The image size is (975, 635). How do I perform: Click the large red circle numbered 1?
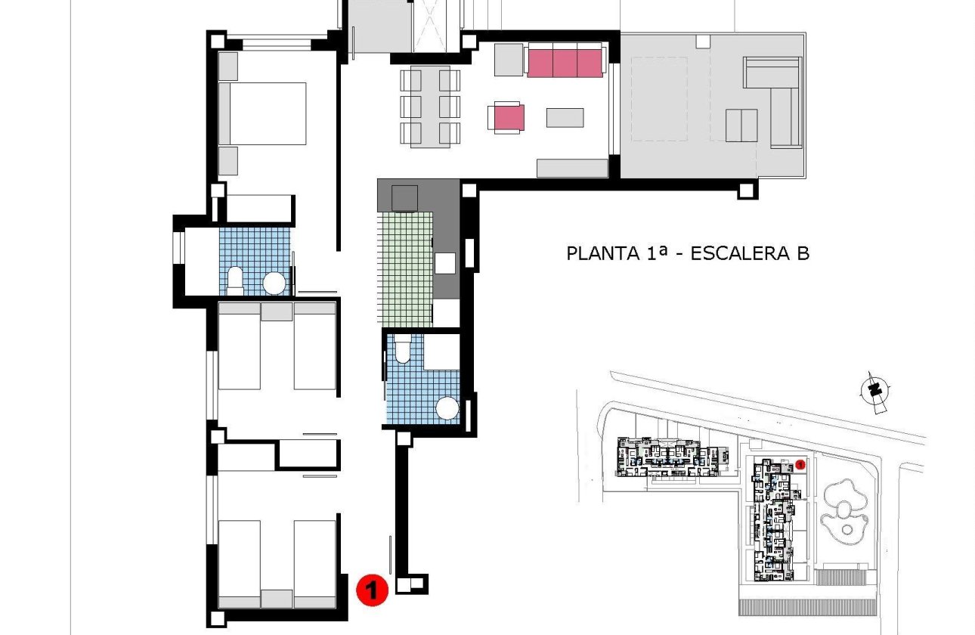tap(371, 589)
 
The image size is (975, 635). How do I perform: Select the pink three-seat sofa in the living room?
tap(565, 60)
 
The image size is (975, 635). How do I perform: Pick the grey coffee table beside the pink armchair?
tap(565, 117)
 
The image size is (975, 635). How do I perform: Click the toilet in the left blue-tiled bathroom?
tap(235, 280)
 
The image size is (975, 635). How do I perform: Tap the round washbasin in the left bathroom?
tap(274, 283)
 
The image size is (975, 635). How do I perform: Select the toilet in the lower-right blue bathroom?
tap(402, 349)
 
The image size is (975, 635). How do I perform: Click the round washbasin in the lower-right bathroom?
tap(447, 409)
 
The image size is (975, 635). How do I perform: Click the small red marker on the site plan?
tap(800, 463)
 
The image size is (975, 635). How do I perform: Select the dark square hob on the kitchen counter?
tap(404, 197)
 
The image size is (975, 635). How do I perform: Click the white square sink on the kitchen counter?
tap(445, 262)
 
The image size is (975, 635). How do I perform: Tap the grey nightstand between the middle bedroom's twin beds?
tap(277, 311)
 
